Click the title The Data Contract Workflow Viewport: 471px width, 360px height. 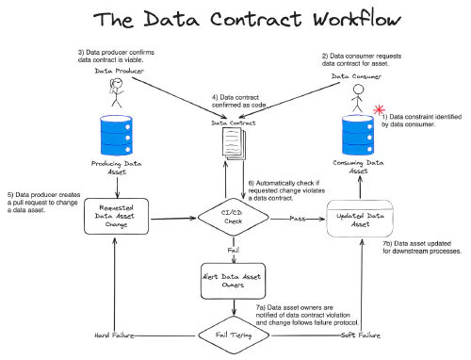click(235, 20)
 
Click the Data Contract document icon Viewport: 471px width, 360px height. click(231, 143)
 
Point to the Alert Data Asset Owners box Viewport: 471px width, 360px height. click(232, 280)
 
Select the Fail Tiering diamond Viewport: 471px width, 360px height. click(232, 334)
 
